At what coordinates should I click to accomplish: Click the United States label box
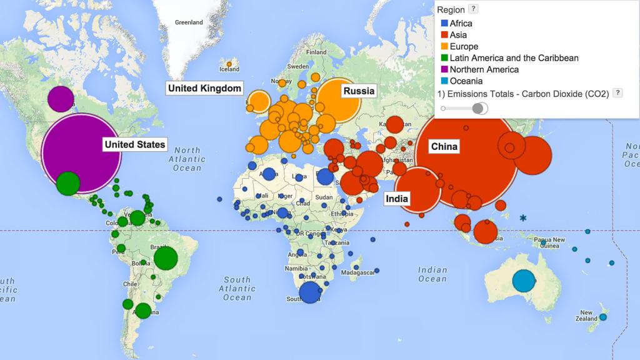click(x=135, y=144)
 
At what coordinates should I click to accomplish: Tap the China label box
click(x=444, y=147)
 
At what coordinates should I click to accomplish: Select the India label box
click(x=397, y=199)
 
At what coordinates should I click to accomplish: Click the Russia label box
click(x=359, y=91)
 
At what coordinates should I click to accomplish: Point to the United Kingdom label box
click(x=204, y=88)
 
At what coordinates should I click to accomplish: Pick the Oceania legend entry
click(x=466, y=81)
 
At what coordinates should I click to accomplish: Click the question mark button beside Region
click(x=474, y=9)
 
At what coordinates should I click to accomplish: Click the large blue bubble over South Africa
click(x=309, y=292)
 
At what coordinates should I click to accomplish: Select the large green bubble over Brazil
click(x=166, y=258)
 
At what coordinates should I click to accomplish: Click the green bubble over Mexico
click(x=67, y=184)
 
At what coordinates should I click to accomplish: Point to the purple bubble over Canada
click(x=61, y=99)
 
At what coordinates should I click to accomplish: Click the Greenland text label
click(x=189, y=22)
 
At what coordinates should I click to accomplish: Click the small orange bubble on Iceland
click(x=229, y=64)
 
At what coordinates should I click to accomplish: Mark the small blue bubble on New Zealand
click(x=603, y=317)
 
